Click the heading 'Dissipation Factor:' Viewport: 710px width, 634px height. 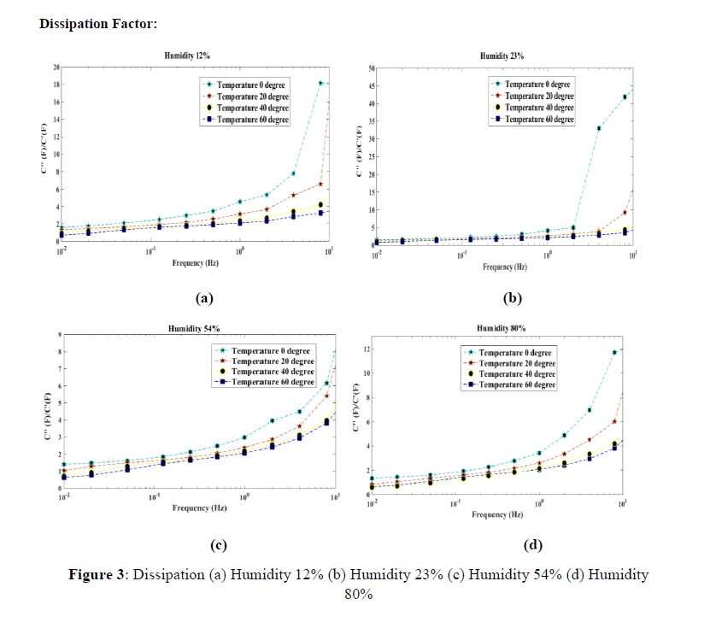(98, 24)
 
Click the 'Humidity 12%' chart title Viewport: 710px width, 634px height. (187, 55)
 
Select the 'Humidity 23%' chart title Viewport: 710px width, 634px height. (502, 56)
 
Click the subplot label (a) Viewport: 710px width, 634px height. (203, 298)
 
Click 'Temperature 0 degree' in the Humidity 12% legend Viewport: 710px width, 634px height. (255, 85)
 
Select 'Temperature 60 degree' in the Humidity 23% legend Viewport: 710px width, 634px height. (539, 120)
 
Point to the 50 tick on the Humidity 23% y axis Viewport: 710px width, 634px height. (370, 68)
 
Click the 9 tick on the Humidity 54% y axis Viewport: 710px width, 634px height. (58, 335)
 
